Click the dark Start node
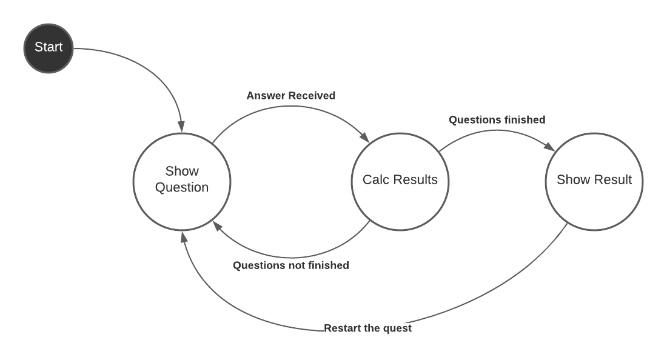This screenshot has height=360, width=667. (x=49, y=47)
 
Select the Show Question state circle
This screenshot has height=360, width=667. (x=182, y=180)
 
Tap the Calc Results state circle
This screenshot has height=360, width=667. (x=400, y=180)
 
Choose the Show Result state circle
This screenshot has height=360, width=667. (x=594, y=180)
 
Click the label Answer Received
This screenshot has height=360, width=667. (x=291, y=96)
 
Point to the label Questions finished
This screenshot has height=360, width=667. (x=497, y=120)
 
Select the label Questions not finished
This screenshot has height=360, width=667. (x=291, y=265)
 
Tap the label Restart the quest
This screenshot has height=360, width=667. (x=368, y=328)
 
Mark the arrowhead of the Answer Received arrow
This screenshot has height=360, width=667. (x=366, y=138)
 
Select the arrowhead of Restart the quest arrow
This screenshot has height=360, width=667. (x=184, y=236)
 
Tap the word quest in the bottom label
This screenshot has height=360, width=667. (x=398, y=328)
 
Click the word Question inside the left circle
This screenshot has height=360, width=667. (x=182, y=188)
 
